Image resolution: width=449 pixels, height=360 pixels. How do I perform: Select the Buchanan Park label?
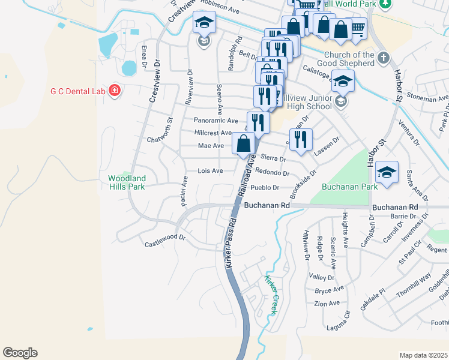(x=349, y=187)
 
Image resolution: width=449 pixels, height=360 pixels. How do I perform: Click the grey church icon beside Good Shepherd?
(x=384, y=58)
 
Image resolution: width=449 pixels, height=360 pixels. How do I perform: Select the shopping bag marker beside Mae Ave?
(x=244, y=145)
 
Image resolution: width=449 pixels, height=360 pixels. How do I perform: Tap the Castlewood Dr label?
(x=166, y=244)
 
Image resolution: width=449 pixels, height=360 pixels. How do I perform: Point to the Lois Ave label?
(x=210, y=171)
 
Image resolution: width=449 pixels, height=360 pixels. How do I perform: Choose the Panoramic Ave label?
(x=216, y=121)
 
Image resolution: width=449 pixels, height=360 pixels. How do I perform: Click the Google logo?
(x=20, y=353)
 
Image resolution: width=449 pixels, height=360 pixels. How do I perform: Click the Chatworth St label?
(x=160, y=140)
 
